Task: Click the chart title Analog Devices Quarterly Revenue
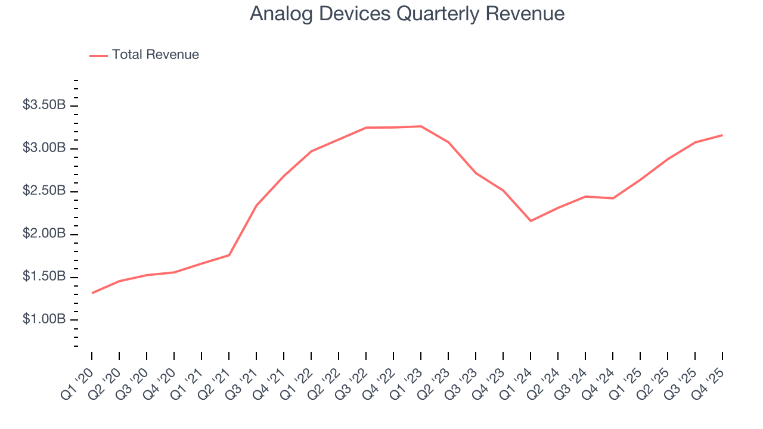tap(407, 14)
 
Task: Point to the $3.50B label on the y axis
tap(44, 105)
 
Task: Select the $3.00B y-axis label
tap(44, 148)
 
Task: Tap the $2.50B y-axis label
tap(44, 191)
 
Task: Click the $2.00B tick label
tap(44, 234)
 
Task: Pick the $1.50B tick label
tap(44, 277)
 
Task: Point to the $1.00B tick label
tap(44, 320)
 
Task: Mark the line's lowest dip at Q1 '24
tap(531, 221)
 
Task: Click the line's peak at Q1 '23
tap(421, 126)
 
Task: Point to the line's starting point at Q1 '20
tap(92, 293)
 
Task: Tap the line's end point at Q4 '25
tap(722, 135)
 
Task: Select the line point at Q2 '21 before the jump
tap(229, 255)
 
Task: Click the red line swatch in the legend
tap(98, 55)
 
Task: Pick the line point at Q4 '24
tap(613, 198)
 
